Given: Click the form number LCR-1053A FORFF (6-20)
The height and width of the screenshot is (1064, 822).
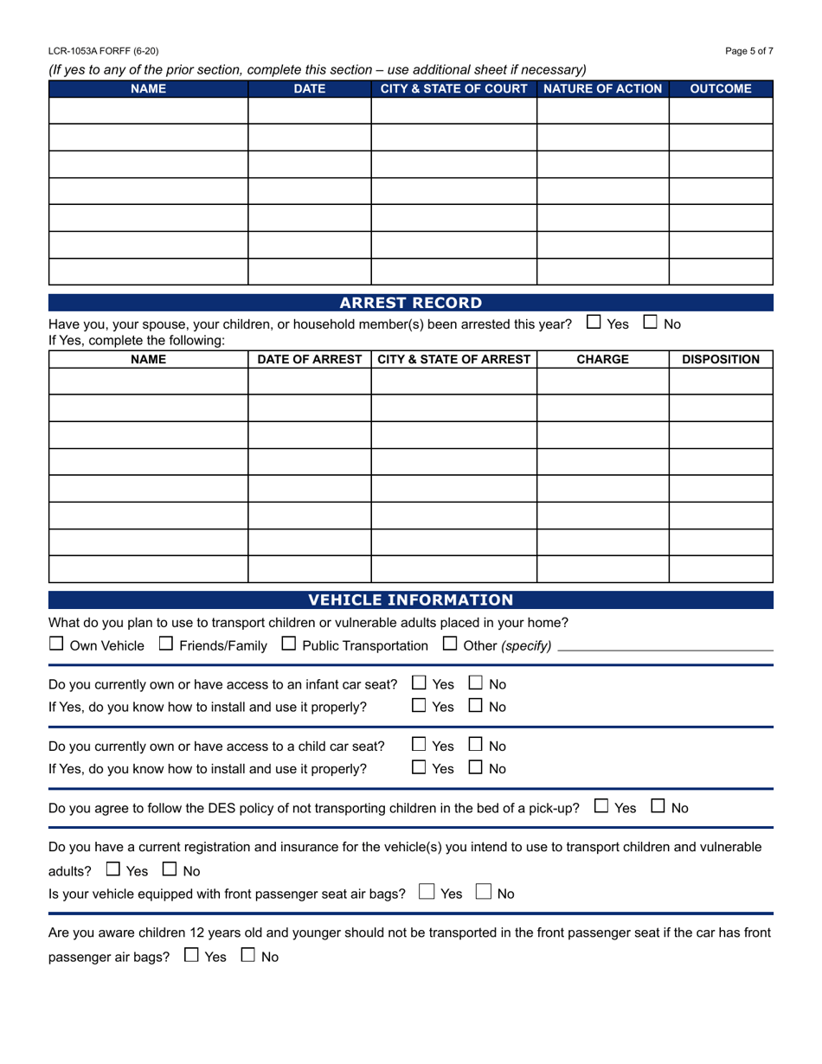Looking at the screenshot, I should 104,51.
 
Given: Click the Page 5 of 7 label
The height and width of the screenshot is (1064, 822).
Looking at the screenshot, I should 749,51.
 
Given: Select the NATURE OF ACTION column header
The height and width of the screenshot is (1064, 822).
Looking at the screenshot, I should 603,89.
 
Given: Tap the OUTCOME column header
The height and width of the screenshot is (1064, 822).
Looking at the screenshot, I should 720,89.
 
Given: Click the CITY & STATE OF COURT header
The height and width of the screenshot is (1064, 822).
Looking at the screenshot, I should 454,89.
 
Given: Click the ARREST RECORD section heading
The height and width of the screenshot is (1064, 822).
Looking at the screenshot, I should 410,303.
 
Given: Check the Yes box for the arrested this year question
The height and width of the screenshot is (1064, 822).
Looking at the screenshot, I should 594,323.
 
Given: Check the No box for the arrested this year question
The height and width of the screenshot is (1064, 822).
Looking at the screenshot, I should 651,323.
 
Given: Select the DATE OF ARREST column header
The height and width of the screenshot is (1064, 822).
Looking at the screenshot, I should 310,359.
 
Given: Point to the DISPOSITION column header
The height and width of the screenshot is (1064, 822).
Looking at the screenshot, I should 721,359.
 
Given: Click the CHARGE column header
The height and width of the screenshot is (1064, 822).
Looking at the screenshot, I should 602,359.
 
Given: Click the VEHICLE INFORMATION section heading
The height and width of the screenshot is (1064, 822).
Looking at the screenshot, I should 410,599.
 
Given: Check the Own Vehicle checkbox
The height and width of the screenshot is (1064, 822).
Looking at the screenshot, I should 56,644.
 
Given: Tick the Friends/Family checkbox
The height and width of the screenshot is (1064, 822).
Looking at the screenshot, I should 166,644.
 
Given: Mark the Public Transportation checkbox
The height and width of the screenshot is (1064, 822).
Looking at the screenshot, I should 289,644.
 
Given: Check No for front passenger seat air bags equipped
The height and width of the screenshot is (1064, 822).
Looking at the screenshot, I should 484,892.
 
